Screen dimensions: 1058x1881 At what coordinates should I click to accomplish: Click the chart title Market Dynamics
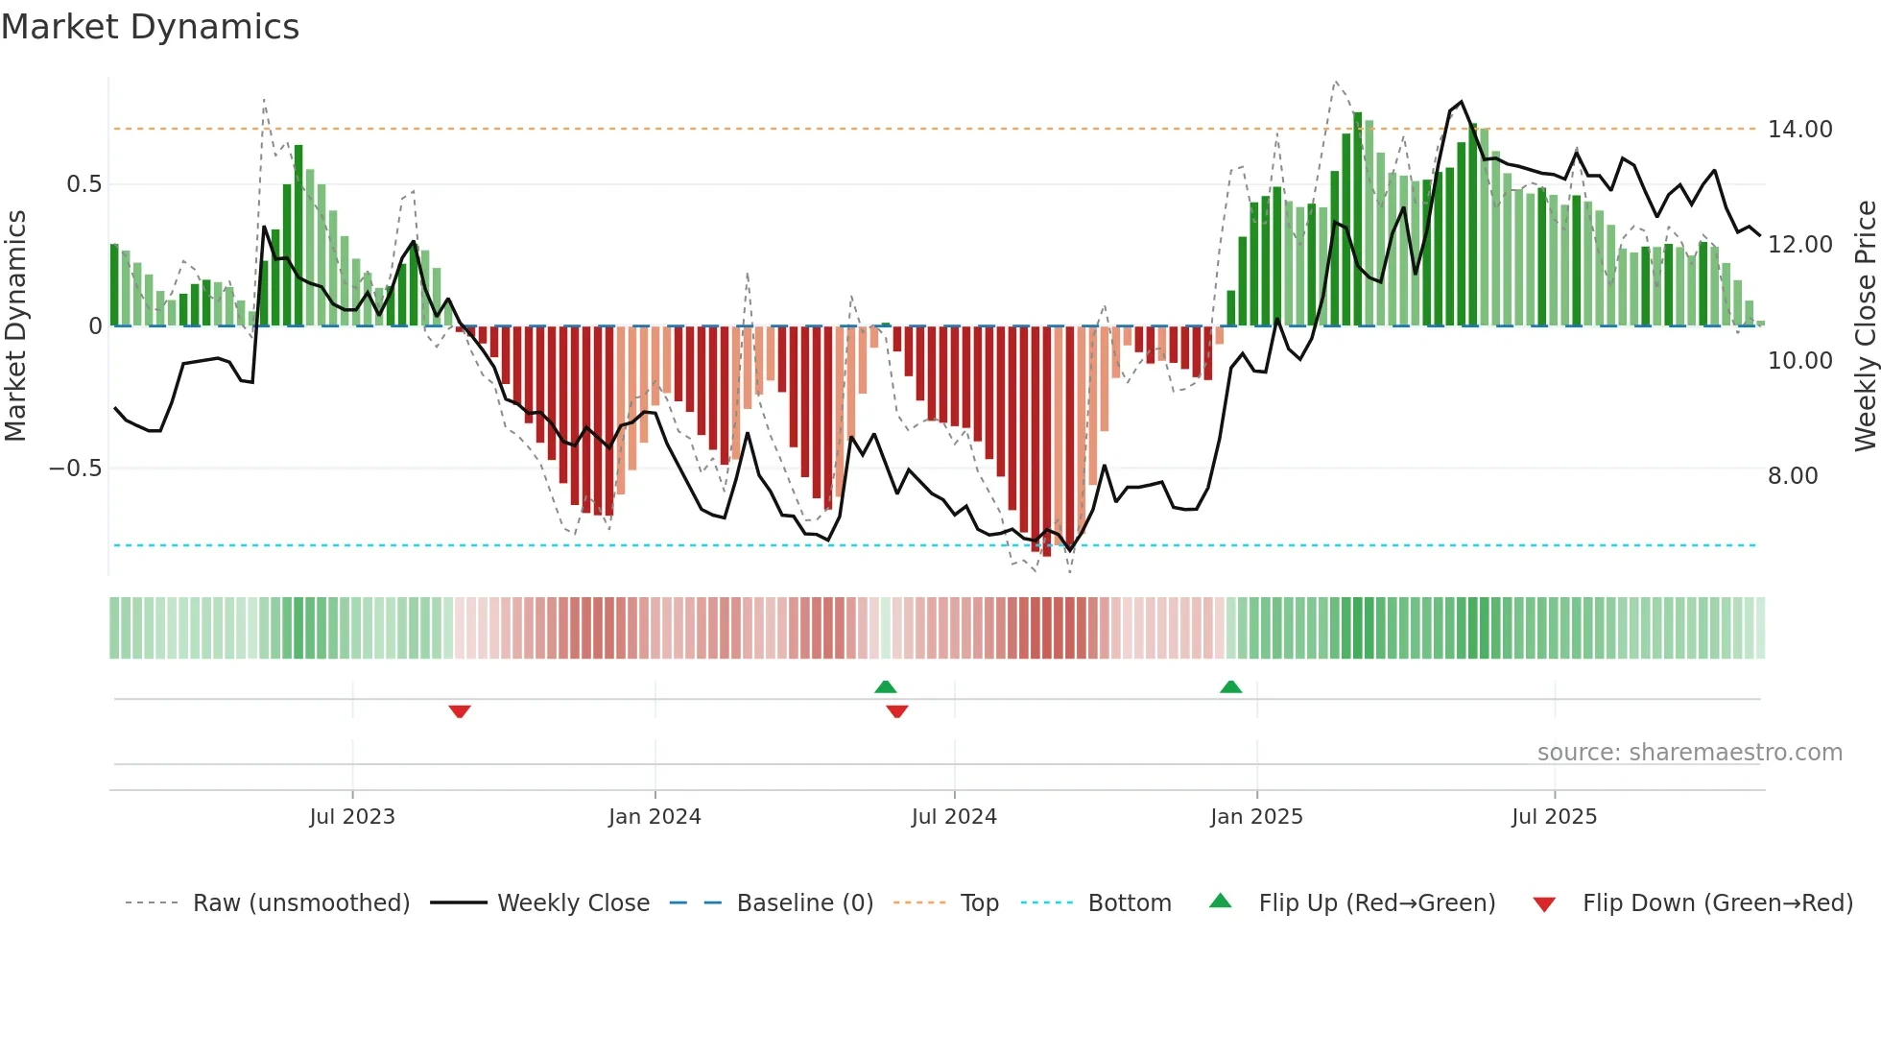(x=151, y=27)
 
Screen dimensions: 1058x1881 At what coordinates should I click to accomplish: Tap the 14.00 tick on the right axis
(x=1799, y=130)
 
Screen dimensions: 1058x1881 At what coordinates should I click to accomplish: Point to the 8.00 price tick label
(x=1792, y=476)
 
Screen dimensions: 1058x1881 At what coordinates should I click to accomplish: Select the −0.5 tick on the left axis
(x=75, y=469)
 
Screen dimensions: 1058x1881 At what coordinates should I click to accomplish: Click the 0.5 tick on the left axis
(x=83, y=184)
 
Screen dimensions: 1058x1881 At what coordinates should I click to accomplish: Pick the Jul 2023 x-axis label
(x=352, y=817)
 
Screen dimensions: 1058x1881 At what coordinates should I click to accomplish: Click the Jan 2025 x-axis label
(x=1256, y=817)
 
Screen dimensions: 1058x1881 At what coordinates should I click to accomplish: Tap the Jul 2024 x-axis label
(x=954, y=817)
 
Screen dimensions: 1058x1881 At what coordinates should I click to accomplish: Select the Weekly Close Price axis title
(x=1865, y=326)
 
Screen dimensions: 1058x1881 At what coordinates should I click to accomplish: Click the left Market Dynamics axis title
(x=15, y=326)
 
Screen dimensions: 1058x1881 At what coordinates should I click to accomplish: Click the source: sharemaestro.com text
(x=1689, y=753)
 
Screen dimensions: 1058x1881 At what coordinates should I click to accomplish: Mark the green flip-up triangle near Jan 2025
(x=1230, y=687)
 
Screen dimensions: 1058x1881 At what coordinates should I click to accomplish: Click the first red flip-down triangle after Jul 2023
(x=460, y=710)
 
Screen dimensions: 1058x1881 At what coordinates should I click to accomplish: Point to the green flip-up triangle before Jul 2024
(x=886, y=687)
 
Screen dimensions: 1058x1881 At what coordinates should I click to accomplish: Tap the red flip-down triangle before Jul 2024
(x=897, y=710)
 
